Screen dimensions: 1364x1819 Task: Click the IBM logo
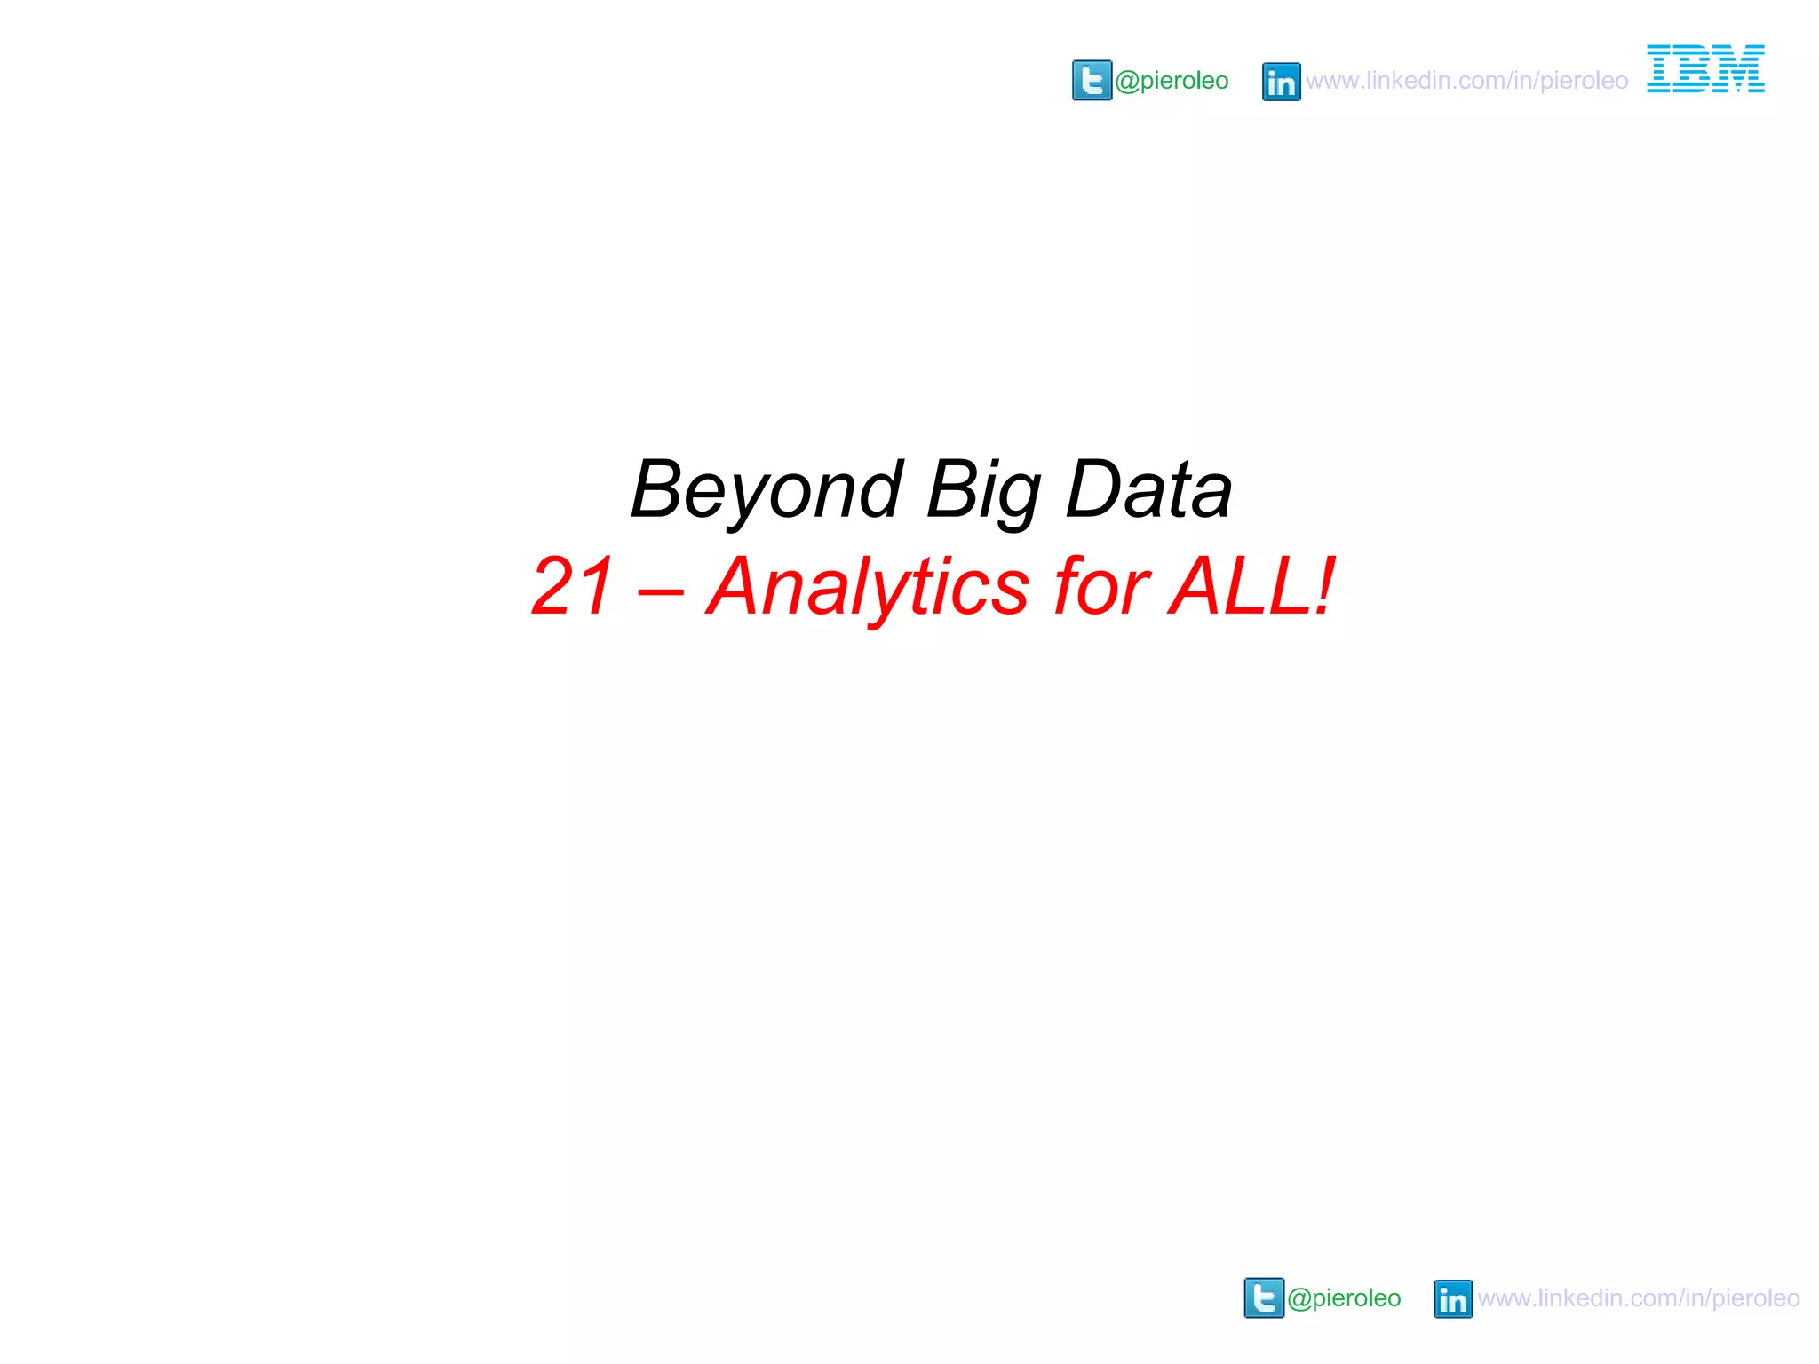click(x=1705, y=69)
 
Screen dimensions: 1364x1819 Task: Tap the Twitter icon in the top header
click(x=1092, y=81)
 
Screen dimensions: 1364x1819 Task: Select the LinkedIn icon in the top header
click(x=1281, y=82)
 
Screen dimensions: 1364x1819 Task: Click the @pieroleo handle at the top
click(x=1172, y=81)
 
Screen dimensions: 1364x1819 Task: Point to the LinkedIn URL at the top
click(x=1466, y=81)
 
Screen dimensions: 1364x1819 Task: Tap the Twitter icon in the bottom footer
click(x=1264, y=1297)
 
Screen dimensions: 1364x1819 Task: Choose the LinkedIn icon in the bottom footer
click(x=1452, y=1299)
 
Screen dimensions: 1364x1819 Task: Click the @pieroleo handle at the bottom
click(x=1344, y=1298)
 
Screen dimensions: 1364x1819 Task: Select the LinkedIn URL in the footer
click(x=1639, y=1298)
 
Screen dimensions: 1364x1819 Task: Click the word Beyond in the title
click(x=767, y=490)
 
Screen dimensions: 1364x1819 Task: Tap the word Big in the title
click(x=983, y=490)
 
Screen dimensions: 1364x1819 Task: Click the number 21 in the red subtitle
click(x=572, y=586)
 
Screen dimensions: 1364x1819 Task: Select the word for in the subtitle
click(x=1100, y=586)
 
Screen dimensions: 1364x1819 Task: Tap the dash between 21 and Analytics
click(x=661, y=590)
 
